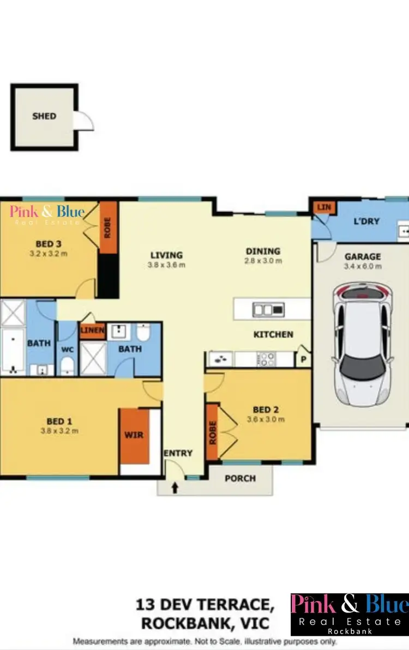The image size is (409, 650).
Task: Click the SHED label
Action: point(44,116)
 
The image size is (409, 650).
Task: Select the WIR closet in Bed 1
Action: point(134,435)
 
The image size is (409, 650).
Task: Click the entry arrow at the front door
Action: point(175,488)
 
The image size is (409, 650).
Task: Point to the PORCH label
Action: point(240,478)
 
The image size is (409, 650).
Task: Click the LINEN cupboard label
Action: point(92,330)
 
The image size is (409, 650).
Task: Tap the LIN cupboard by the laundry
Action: point(324,207)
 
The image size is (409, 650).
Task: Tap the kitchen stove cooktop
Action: point(268,359)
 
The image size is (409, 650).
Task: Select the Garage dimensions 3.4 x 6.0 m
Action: point(363,266)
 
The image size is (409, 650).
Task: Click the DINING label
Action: point(263,252)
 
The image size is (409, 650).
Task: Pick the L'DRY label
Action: point(366,222)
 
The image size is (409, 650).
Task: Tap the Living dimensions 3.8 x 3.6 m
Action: point(166,265)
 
